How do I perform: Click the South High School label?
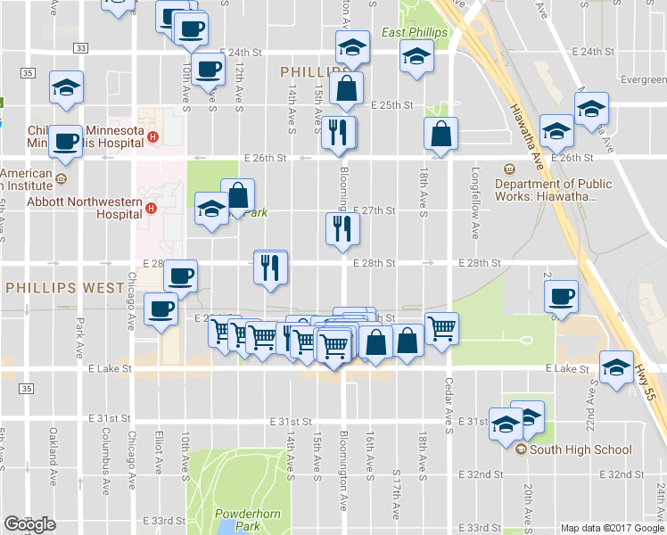tap(581, 449)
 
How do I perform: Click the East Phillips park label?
tap(414, 33)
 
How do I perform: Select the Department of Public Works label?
tap(553, 190)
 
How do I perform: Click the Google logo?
tap(29, 524)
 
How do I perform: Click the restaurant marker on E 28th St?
tap(270, 267)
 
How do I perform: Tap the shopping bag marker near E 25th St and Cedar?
tap(441, 134)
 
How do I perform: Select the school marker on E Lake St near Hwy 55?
tap(615, 367)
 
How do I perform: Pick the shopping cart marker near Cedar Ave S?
tap(441, 327)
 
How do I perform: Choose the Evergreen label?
tap(644, 79)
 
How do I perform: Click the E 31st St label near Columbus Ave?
tap(111, 418)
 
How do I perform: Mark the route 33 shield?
tap(81, 47)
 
